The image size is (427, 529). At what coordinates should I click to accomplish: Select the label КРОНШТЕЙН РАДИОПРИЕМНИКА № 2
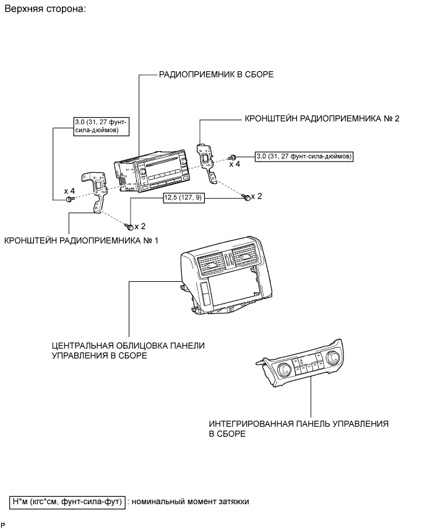(x=322, y=118)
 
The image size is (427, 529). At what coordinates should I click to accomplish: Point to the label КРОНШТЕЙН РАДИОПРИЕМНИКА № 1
(x=81, y=240)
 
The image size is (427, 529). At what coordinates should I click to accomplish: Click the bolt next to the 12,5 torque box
(x=246, y=197)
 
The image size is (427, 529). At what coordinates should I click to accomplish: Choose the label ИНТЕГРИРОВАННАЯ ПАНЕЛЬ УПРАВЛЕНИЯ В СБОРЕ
(x=298, y=429)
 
